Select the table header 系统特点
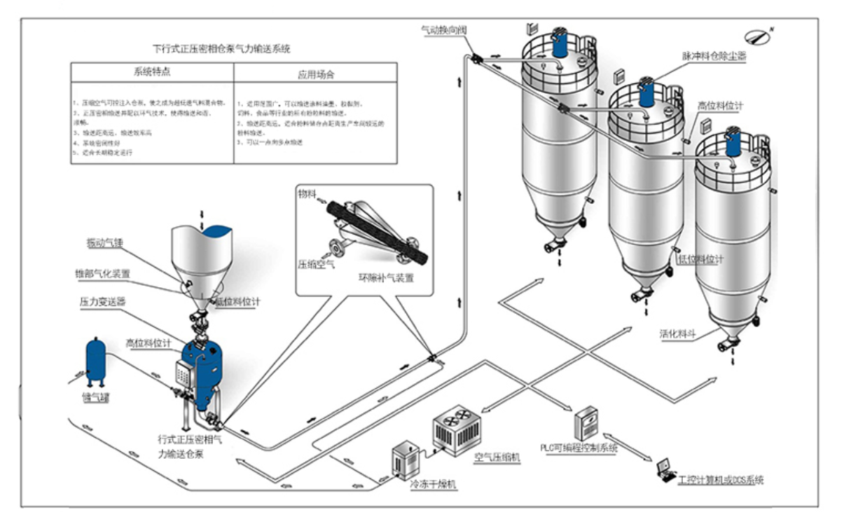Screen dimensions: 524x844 coord(151,73)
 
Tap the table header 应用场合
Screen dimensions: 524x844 coord(315,73)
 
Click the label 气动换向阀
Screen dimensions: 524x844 coord(443,30)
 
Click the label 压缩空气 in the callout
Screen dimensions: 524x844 coord(316,264)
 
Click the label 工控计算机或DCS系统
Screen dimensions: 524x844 coord(721,481)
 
